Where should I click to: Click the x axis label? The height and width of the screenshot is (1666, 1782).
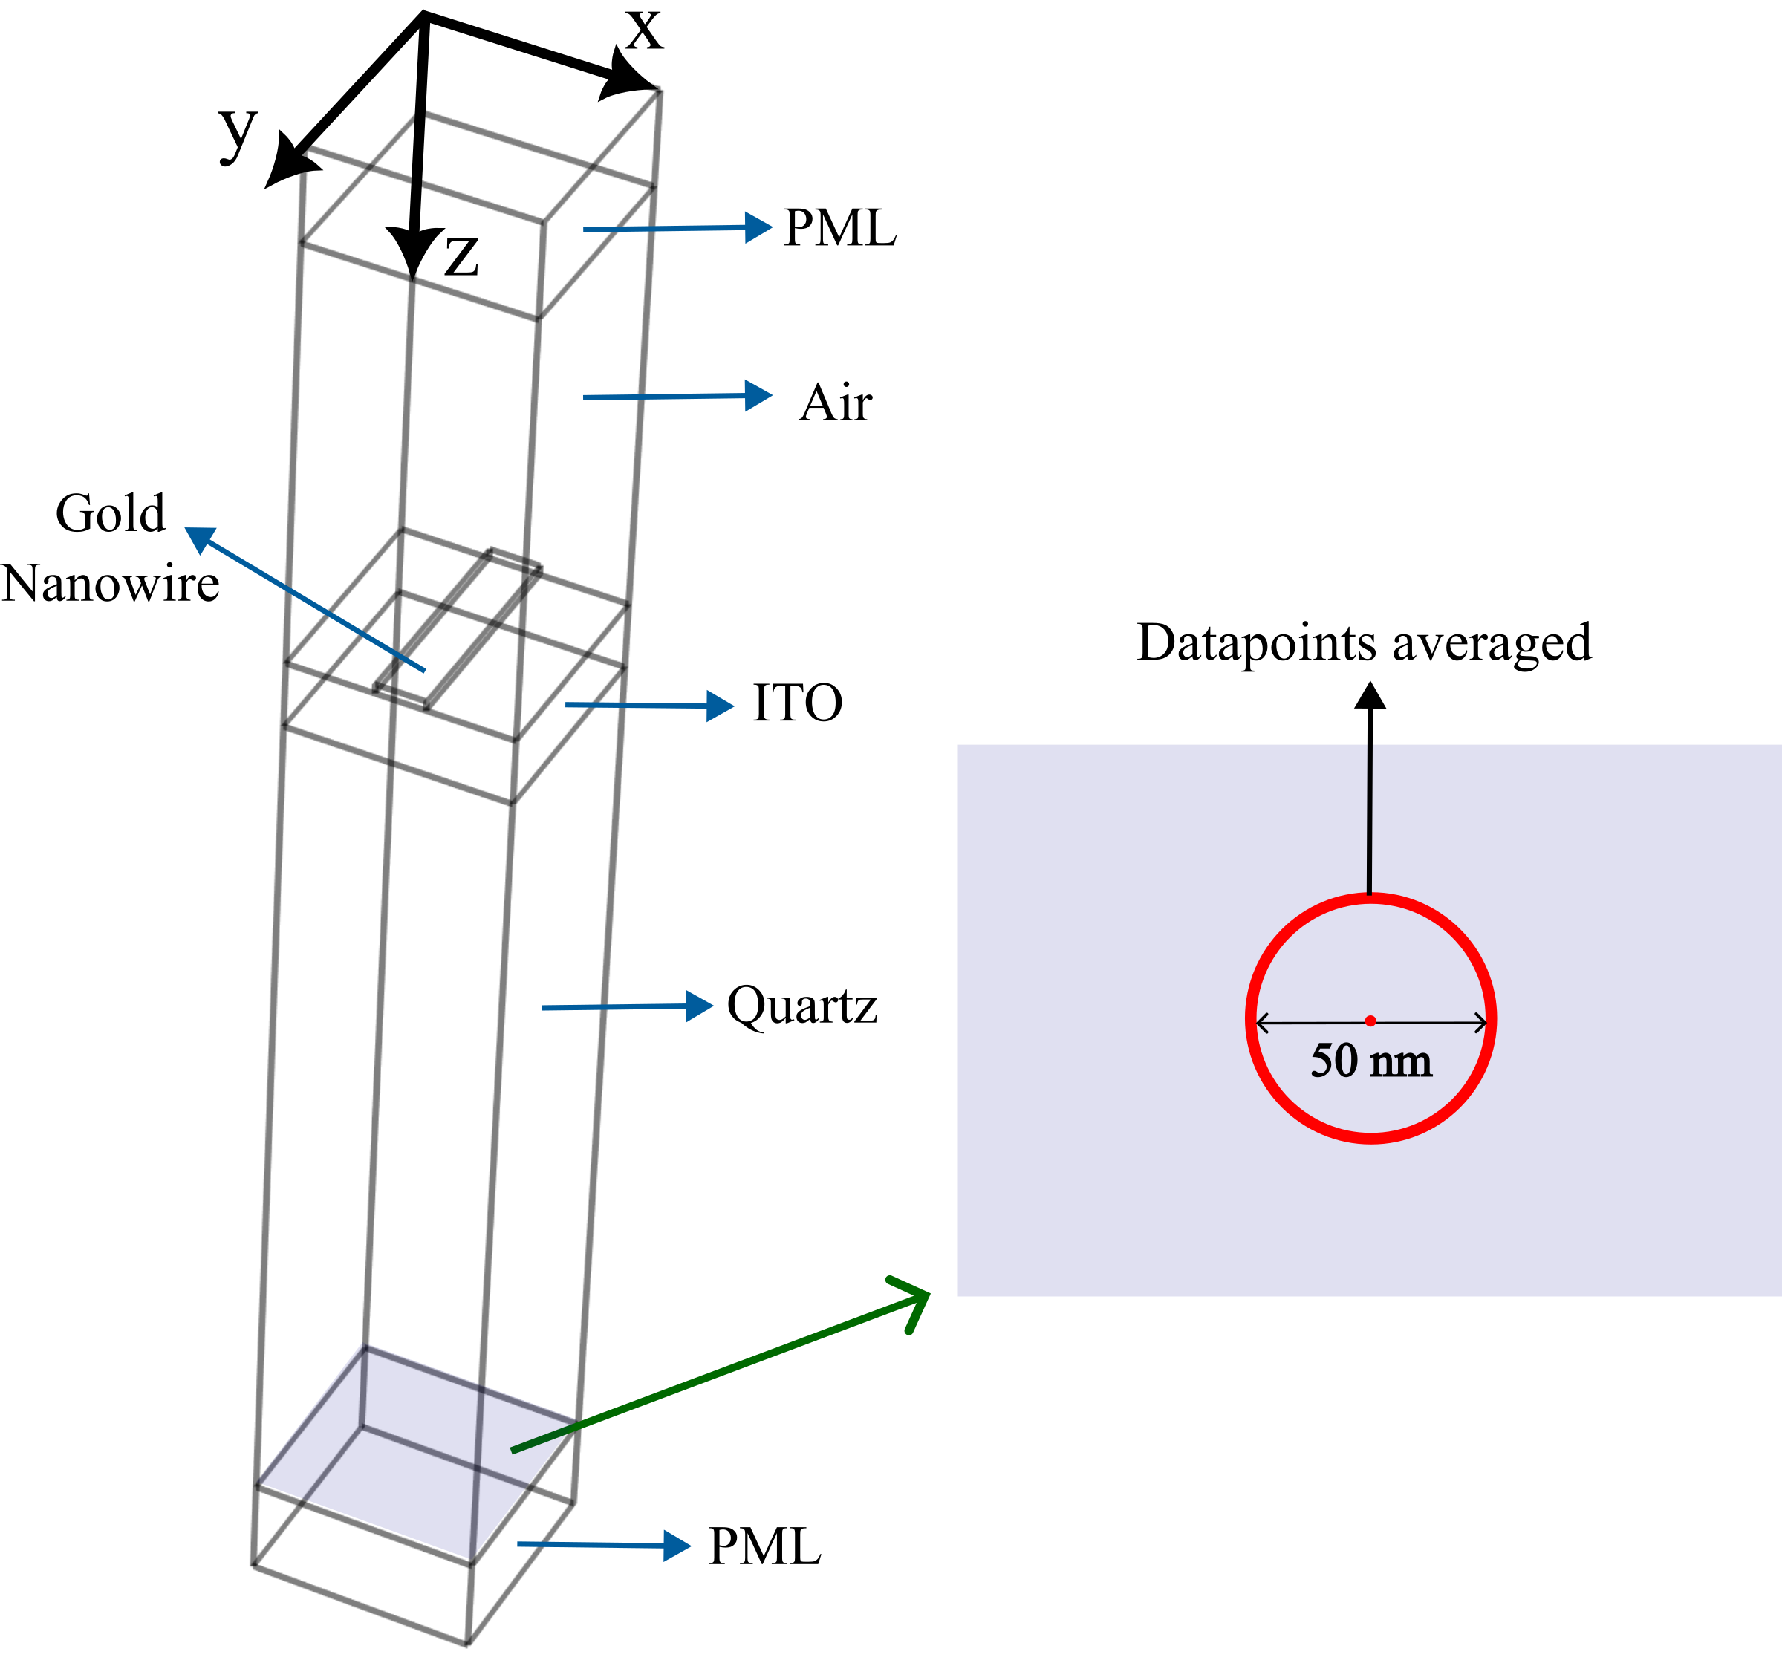pos(645,31)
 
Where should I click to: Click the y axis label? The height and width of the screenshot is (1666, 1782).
pos(238,133)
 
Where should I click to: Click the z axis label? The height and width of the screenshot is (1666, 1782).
pos(461,256)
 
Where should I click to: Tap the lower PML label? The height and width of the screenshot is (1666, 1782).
pos(764,1547)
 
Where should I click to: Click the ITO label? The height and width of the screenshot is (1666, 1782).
pos(797,703)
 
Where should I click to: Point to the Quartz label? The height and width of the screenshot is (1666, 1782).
pos(801,1006)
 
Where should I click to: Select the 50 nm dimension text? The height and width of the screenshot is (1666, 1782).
pos(1370,1061)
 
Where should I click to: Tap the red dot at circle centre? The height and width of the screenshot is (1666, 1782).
pos(1370,1021)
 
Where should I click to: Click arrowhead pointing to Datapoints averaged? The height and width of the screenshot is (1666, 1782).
pos(1370,694)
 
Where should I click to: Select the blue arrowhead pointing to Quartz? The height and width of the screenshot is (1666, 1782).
pos(700,1006)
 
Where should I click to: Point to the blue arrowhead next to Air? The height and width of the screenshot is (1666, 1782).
pos(759,395)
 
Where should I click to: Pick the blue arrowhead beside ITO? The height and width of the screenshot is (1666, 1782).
pos(721,706)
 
